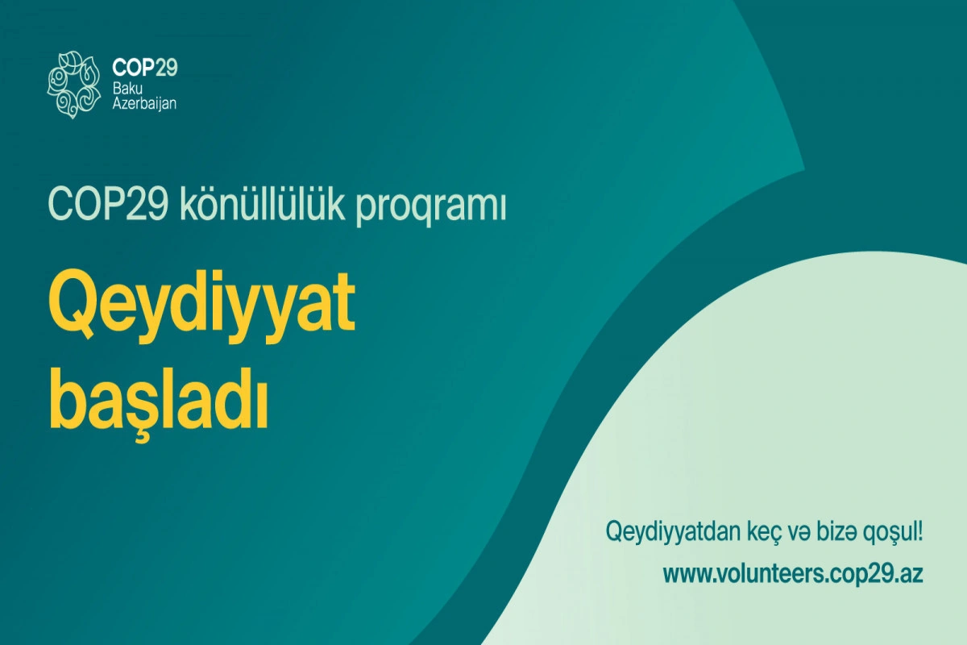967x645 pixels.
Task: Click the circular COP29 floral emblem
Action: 74,85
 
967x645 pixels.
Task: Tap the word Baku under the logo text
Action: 127,89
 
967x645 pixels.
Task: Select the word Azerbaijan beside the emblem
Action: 144,104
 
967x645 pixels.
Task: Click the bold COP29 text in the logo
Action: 145,68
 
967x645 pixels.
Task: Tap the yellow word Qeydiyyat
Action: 201,306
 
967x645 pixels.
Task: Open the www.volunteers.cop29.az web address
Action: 793,575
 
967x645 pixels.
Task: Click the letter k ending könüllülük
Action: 333,204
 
